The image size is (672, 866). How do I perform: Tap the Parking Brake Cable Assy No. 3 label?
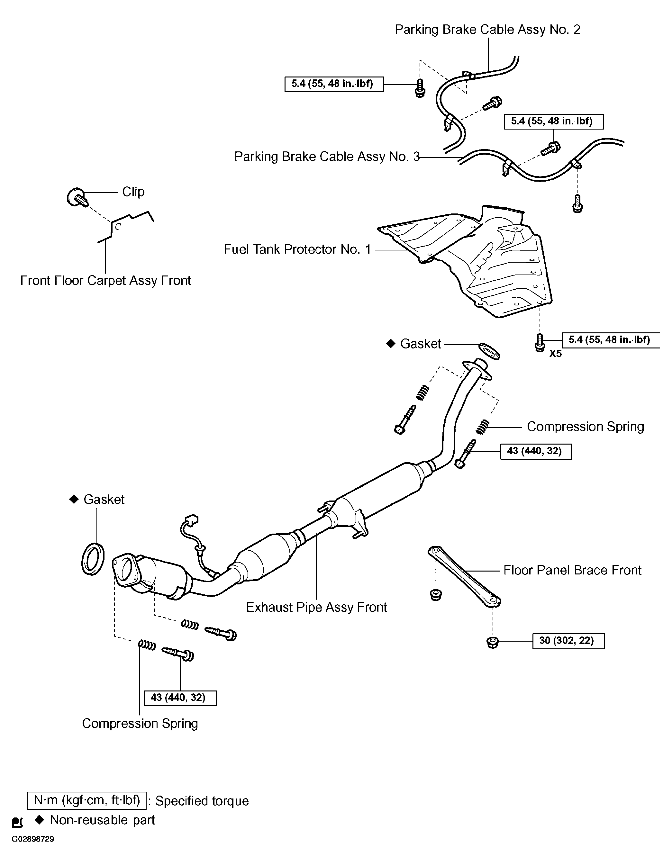point(326,157)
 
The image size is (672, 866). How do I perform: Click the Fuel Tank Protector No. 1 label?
point(297,249)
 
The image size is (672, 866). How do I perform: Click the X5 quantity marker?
point(555,354)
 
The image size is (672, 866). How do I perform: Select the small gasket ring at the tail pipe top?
point(489,351)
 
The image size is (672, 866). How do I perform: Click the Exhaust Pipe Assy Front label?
point(316,607)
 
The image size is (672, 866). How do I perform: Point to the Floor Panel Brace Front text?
point(572,570)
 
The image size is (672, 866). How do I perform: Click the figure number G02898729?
point(32,839)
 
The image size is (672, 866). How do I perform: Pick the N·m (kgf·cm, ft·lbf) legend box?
point(86,800)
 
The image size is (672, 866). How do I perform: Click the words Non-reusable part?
point(102,820)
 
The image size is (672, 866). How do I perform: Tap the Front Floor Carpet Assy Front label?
point(105,281)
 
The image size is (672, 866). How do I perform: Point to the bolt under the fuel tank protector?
point(540,342)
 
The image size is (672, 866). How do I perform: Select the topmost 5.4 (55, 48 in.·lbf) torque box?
point(334,84)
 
